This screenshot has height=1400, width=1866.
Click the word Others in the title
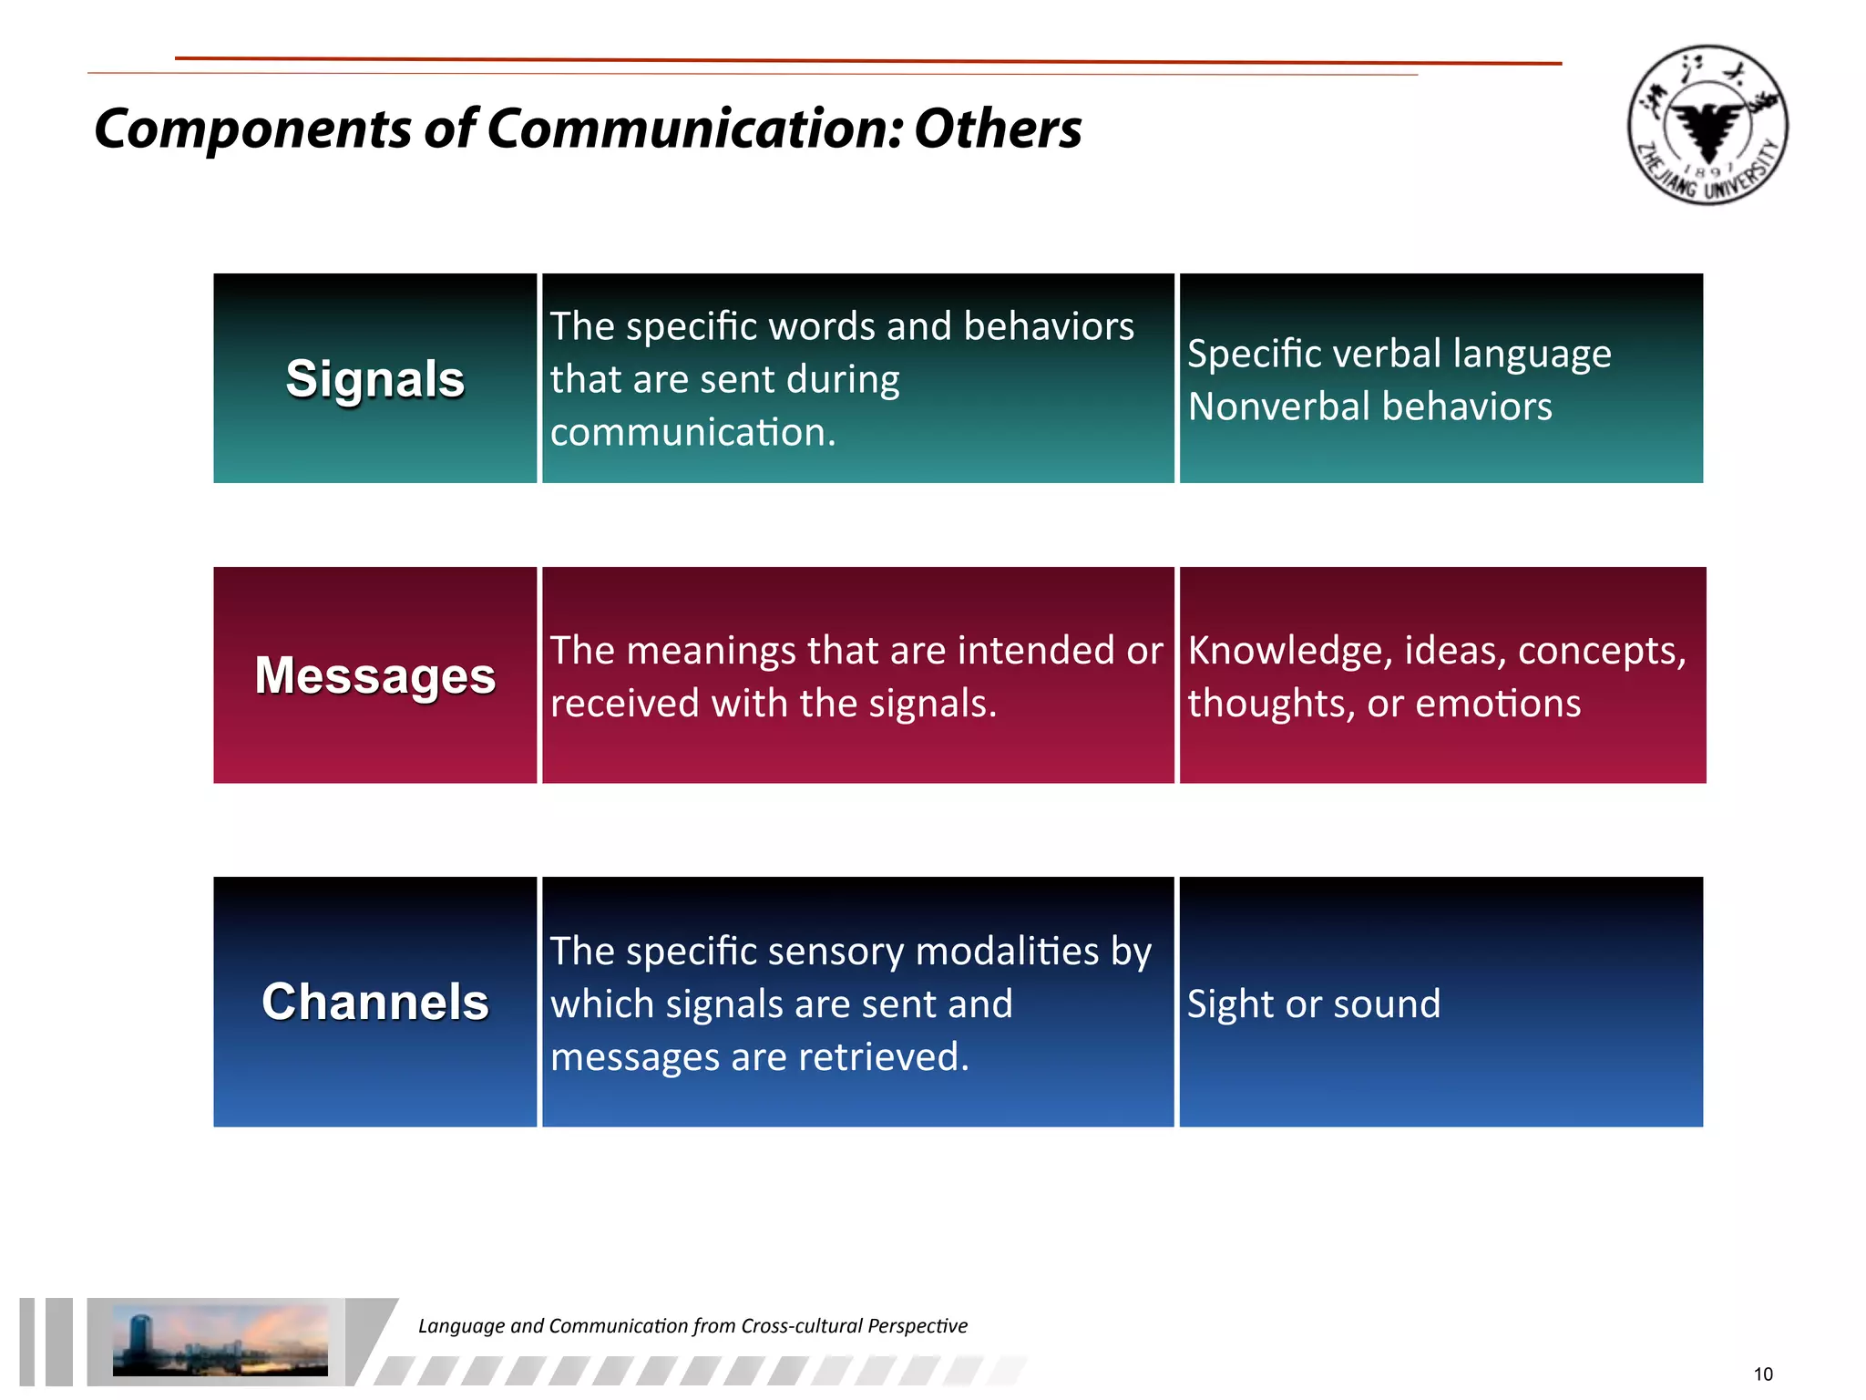tap(998, 129)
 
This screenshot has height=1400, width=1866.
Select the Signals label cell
tap(374, 378)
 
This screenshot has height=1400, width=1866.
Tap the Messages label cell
tap(374, 675)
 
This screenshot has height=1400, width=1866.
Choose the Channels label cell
tap(374, 1002)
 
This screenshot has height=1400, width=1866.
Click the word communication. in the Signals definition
tap(692, 432)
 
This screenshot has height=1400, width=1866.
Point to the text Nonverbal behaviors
tap(1369, 407)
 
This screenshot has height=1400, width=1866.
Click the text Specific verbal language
tap(1399, 354)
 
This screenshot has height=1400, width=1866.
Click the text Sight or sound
tap(1313, 1004)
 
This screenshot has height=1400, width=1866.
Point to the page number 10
tap(1763, 1374)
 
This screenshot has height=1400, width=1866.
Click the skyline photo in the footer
tap(220, 1339)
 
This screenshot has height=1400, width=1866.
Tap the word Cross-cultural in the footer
tap(801, 1326)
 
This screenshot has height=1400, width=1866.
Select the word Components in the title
tap(253, 129)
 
